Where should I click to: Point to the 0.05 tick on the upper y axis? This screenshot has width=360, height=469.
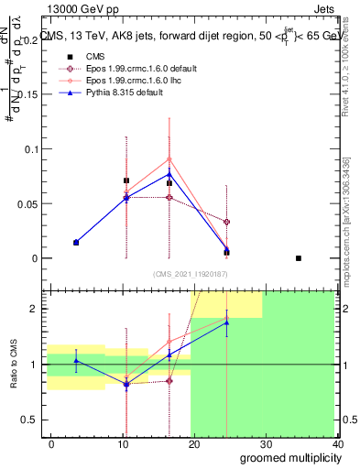pos(29,203)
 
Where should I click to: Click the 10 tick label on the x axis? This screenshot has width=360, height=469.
pos(122,443)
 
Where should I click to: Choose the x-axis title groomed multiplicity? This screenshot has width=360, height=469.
pos(288,457)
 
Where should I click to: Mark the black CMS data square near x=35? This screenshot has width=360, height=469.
pos(299,258)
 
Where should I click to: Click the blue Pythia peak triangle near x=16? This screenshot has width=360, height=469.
pos(169,174)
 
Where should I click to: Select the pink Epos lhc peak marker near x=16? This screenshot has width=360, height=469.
pos(169,158)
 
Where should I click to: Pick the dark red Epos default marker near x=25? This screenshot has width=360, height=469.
pos(226,222)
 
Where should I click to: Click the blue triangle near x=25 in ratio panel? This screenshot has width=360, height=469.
pos(226,322)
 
